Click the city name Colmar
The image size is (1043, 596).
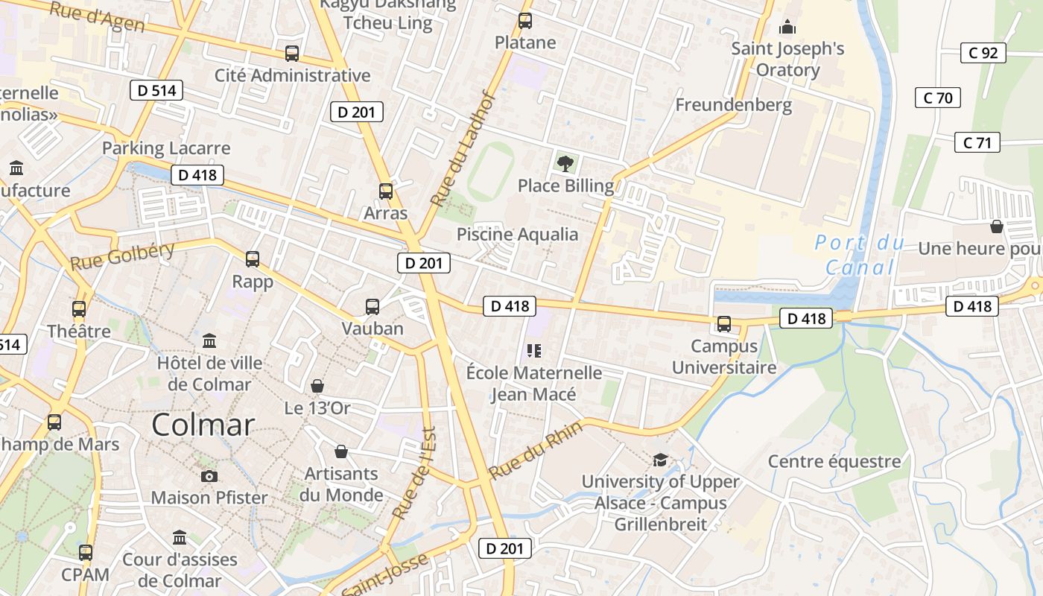[x=203, y=425]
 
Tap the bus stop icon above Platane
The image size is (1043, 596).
[x=525, y=21]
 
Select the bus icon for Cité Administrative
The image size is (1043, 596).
[x=292, y=54]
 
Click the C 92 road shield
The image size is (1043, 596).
[x=983, y=53]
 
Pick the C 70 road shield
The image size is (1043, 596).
[x=937, y=98]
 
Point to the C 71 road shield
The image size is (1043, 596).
[x=977, y=142]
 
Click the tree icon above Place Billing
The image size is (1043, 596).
[x=565, y=163]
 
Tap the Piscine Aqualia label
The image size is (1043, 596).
[x=517, y=235]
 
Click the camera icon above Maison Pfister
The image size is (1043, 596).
[x=209, y=476]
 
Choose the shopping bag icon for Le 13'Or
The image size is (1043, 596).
[x=317, y=386]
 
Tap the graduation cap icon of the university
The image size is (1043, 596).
[x=660, y=460]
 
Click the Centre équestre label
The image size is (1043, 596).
[x=834, y=461]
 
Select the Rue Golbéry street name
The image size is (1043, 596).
[x=122, y=256]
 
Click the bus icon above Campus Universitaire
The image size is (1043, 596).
[x=723, y=324]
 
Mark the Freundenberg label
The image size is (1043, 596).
[x=733, y=105]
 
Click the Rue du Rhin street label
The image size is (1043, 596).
[x=524, y=454]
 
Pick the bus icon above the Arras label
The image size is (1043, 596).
[x=385, y=191]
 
